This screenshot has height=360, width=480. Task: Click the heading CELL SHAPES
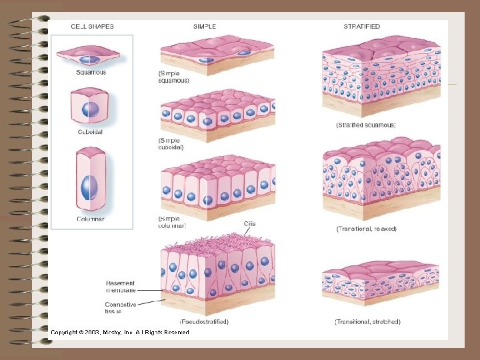tap(93, 27)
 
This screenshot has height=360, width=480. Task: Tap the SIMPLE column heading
tap(205, 27)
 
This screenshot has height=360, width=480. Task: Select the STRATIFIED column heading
tap(362, 27)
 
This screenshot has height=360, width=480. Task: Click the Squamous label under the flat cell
tap(91, 73)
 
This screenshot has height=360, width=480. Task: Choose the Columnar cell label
tap(91, 219)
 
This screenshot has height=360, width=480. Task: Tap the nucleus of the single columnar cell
tap(89, 187)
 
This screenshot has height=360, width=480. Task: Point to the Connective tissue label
tap(121, 308)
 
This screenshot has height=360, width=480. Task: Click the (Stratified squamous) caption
tap(366, 125)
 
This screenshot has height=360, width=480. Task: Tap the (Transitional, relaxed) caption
tap(367, 229)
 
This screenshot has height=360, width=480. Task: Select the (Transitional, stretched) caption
tap(367, 321)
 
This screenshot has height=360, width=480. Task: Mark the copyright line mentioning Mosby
tap(120, 332)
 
